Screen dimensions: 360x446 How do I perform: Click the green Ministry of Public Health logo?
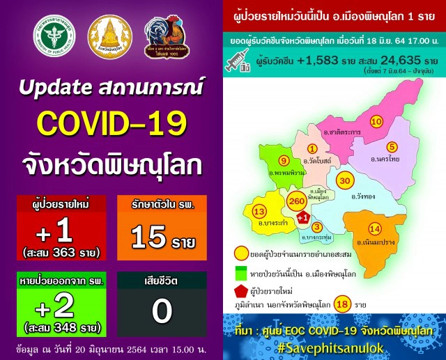pos(58,41)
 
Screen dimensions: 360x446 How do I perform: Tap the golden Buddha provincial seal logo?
pos(109,41)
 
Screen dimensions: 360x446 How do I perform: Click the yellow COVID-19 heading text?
pos(111,124)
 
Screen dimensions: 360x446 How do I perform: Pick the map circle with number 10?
pos(376,123)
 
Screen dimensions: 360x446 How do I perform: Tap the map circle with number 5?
pos(392,146)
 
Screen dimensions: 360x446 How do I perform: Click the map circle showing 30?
pos(344,181)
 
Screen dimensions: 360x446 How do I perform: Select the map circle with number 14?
pos(374,229)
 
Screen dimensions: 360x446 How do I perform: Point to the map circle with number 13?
pos(259,212)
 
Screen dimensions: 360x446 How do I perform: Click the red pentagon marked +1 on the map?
pos(302,219)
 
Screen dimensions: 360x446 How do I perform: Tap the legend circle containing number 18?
pos(341,304)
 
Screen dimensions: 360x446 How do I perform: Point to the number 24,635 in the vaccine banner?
pos(395,61)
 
